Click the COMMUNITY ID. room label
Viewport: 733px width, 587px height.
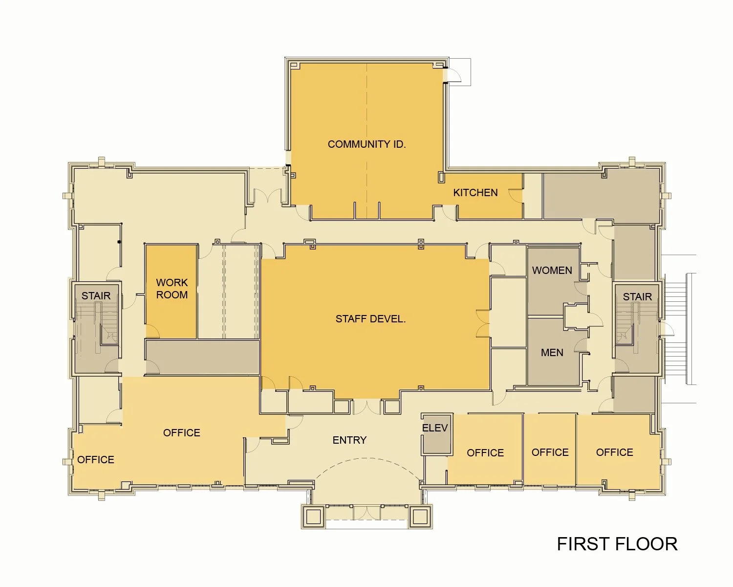coord(366,144)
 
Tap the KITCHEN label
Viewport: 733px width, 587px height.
coord(475,193)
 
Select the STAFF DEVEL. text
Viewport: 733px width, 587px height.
coord(370,319)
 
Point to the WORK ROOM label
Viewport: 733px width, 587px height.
coord(172,289)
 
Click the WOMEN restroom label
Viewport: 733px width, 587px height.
coord(552,271)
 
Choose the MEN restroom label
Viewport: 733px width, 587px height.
coord(552,353)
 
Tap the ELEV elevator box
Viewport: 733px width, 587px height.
coord(435,433)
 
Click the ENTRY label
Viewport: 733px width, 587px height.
coord(349,440)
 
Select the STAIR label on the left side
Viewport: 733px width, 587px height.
coord(96,296)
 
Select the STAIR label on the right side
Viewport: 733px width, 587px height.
coord(637,297)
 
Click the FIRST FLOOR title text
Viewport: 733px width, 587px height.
coord(617,544)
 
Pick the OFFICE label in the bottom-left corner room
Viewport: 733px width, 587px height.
coord(96,460)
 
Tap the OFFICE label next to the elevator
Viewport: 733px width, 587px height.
coord(485,453)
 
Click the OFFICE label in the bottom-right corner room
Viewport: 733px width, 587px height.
coord(614,452)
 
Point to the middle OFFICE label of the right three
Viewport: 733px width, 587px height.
coord(550,452)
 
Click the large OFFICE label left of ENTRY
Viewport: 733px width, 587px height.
coord(181,433)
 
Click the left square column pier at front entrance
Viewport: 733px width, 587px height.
coord(313,516)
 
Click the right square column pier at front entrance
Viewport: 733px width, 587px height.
coord(420,516)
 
